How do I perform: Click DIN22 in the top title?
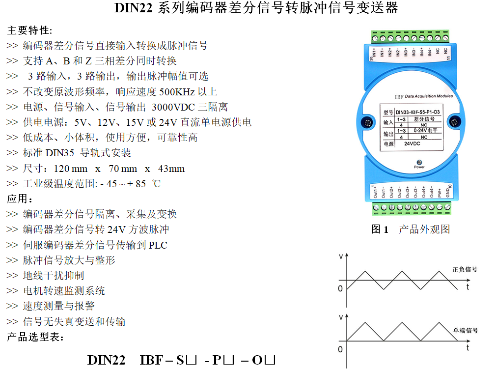tap(133, 7)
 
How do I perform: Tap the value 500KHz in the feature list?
tap(177, 92)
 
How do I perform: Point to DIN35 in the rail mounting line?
tap(60, 153)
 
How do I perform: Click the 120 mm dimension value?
tap(71, 169)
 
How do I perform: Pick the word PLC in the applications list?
tap(158, 245)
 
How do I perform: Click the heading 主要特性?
tap(29, 30)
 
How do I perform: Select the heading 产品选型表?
tap(35, 337)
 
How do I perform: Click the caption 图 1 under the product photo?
tap(380, 229)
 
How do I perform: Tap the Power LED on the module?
tap(419, 162)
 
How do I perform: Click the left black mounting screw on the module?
tap(367, 122)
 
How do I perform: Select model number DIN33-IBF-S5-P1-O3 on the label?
tap(417, 112)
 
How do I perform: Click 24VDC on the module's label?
tap(412, 143)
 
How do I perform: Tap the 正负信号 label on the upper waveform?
tap(465, 269)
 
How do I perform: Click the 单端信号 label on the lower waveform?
tap(466, 330)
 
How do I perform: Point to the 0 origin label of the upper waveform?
tap(340, 288)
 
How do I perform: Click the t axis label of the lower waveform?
tap(468, 348)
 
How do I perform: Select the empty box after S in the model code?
tap(192, 360)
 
